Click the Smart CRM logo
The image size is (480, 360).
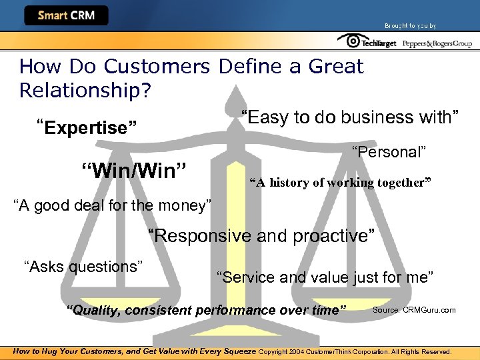click(x=65, y=15)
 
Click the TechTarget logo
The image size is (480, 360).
click(x=367, y=42)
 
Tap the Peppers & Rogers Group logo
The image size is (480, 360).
click(x=437, y=43)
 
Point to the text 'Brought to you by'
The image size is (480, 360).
click(x=410, y=26)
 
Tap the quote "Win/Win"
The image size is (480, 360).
click(x=133, y=170)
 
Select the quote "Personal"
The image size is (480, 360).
click(x=389, y=152)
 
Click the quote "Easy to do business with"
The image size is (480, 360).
click(x=350, y=118)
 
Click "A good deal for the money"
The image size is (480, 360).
click(x=113, y=205)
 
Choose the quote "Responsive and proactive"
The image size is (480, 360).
click(x=261, y=236)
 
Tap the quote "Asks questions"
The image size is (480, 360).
click(x=84, y=267)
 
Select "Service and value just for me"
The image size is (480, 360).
click(x=325, y=277)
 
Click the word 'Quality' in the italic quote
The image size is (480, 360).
click(x=94, y=310)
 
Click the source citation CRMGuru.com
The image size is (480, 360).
click(x=414, y=310)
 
